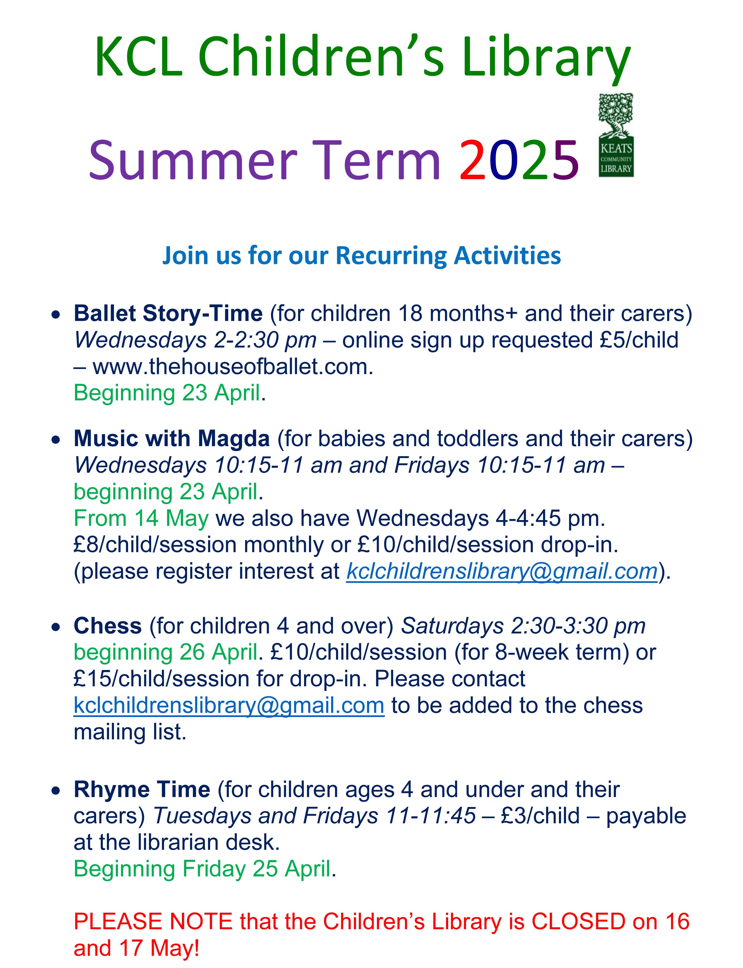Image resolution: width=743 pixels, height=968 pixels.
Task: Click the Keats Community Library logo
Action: point(616,135)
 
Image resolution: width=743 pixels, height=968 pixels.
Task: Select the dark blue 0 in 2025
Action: point(505,160)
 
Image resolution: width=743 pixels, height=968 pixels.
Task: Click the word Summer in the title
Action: point(193,160)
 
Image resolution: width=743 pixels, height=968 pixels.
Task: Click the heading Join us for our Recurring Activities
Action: point(361,256)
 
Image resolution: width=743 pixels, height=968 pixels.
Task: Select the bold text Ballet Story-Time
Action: point(168,313)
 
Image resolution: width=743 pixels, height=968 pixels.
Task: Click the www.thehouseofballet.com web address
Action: point(233,366)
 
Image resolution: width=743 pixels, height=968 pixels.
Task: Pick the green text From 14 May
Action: point(141,518)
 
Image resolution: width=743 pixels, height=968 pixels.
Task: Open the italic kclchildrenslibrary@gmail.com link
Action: point(502,571)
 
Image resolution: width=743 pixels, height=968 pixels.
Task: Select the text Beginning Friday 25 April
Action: point(202,869)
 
